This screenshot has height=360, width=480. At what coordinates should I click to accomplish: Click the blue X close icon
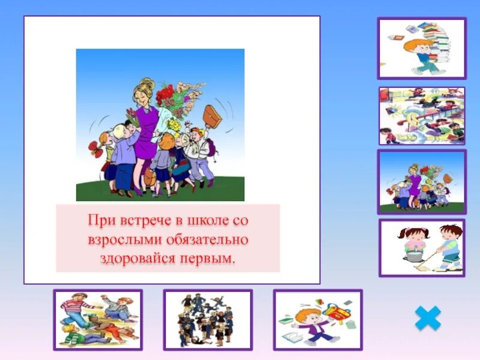[x=427, y=318]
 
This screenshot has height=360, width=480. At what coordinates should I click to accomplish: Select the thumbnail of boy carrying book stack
[x=421, y=49]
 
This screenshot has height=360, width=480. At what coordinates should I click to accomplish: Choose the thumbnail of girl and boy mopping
[x=421, y=248]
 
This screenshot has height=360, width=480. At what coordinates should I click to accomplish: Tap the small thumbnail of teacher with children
[x=421, y=182]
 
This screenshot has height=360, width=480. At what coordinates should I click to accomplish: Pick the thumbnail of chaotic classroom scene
[x=421, y=116]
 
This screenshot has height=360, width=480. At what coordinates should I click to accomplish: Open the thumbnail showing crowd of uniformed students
[x=208, y=320]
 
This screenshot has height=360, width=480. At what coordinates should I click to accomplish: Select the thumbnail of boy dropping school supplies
[x=317, y=320]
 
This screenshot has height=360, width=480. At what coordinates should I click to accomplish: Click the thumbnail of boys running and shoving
[x=98, y=320]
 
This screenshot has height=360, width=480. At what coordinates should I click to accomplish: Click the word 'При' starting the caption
[x=98, y=220]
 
